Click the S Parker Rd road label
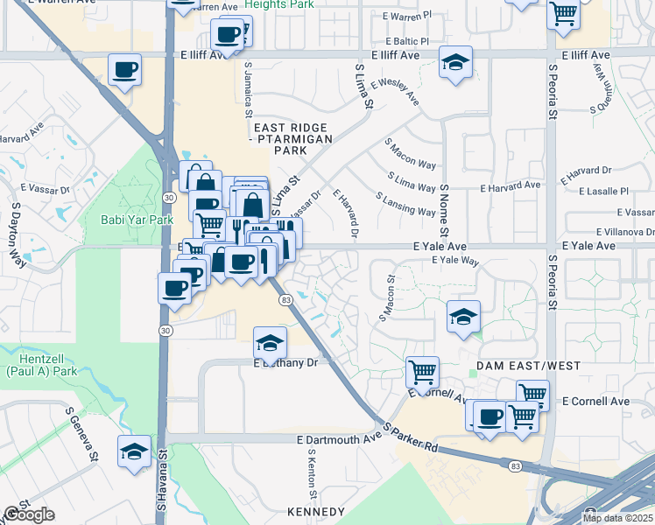pos(411,436)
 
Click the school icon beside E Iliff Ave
pos(455,62)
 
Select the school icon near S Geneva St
pos(133,451)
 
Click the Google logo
pos(28,514)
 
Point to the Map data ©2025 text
pos(617,518)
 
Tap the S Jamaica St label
pos(248,85)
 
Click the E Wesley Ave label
pos(394,94)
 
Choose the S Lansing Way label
pos(405,205)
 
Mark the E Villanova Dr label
pos(624,232)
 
